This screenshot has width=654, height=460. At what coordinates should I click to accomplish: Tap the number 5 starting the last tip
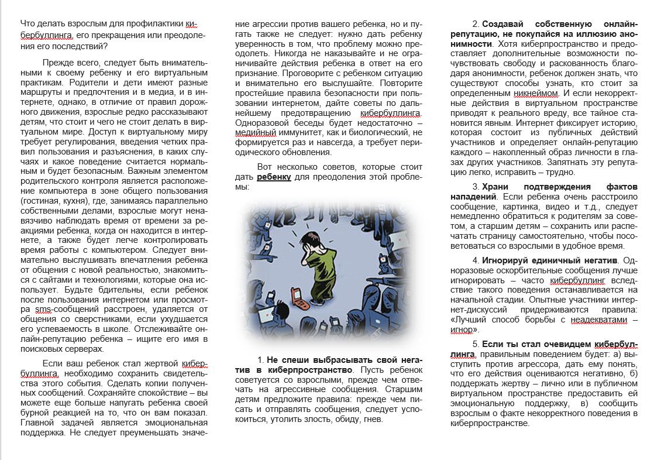[476, 344]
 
